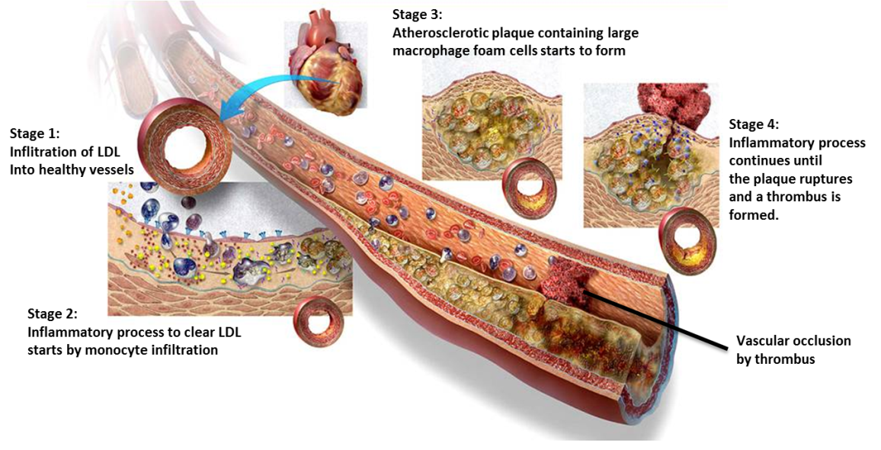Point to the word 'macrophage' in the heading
(x=429, y=51)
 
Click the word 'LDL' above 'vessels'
(x=107, y=152)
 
